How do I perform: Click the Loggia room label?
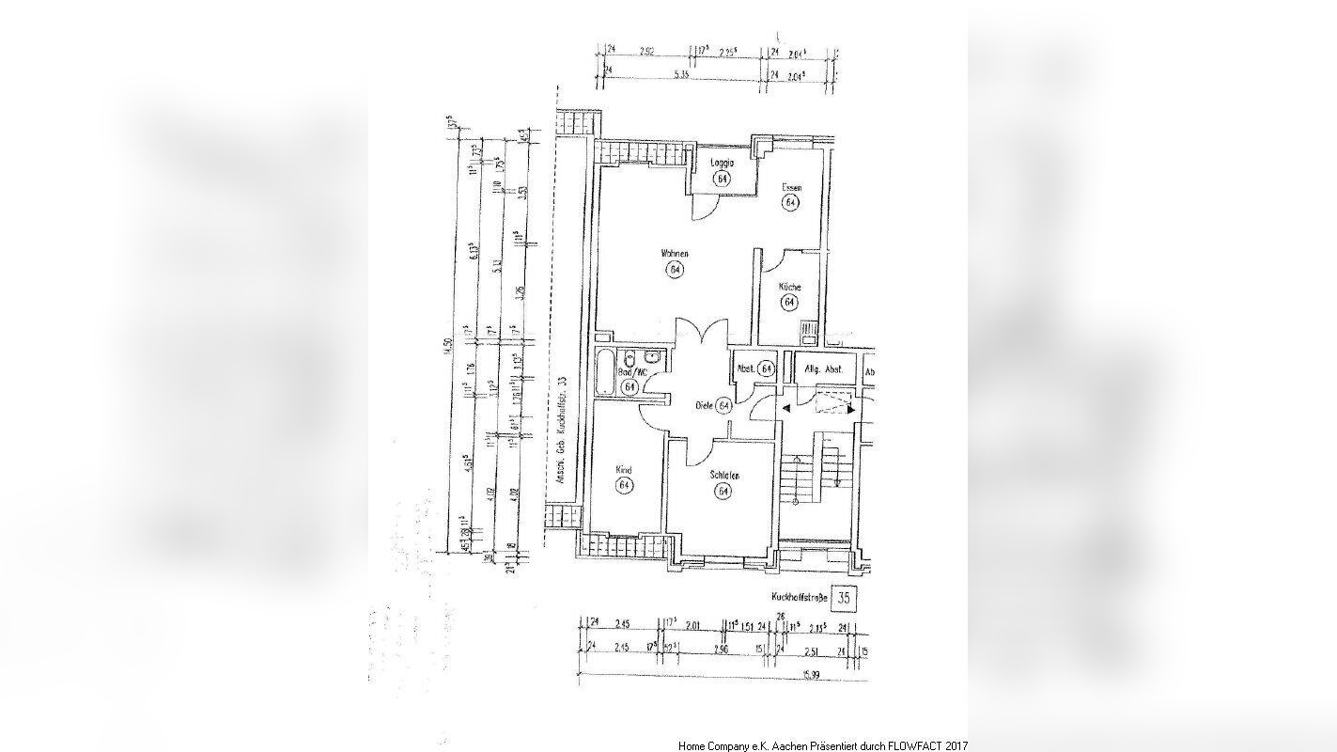pyautogui.click(x=722, y=163)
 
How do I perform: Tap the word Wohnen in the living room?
pyautogui.click(x=675, y=254)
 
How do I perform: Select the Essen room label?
pyautogui.click(x=791, y=188)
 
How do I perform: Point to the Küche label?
pyautogui.click(x=789, y=287)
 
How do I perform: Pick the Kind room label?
pyautogui.click(x=623, y=470)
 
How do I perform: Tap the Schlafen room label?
pyautogui.click(x=723, y=477)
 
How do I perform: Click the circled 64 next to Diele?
pyautogui.click(x=724, y=406)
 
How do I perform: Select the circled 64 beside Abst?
pyautogui.click(x=767, y=369)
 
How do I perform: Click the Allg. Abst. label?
pyautogui.click(x=824, y=369)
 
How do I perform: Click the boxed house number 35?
pyautogui.click(x=844, y=597)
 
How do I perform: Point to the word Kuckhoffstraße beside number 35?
pyautogui.click(x=799, y=597)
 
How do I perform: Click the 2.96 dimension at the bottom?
pyautogui.click(x=721, y=649)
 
